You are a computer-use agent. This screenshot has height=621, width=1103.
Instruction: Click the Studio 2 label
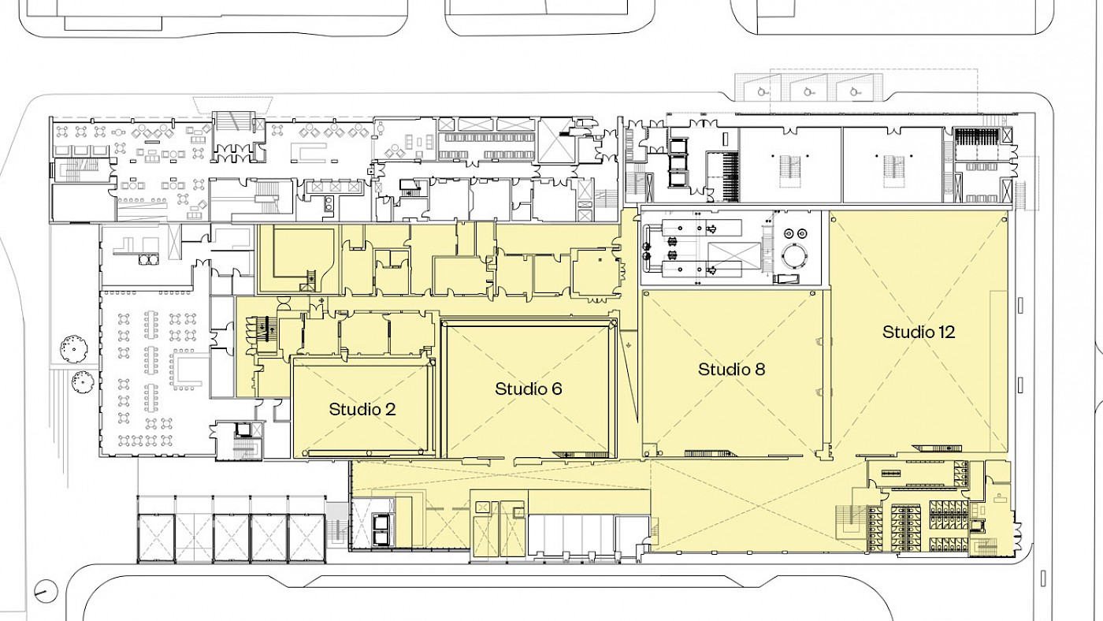point(362,409)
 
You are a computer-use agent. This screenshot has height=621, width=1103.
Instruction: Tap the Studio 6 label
point(529,389)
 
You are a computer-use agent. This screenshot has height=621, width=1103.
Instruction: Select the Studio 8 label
point(732,370)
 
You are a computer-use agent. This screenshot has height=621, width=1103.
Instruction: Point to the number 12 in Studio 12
point(947,332)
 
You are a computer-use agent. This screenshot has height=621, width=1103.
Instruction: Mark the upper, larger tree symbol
point(74,349)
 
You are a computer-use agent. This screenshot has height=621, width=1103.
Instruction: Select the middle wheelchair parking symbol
point(808,91)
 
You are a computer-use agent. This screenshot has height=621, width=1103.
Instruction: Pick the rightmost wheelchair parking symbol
point(854,91)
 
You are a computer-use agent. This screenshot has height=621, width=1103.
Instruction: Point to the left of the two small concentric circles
point(789,233)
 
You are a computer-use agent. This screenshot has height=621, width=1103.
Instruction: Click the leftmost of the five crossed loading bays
point(156,538)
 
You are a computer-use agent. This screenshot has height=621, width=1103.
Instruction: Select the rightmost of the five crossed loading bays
point(306,538)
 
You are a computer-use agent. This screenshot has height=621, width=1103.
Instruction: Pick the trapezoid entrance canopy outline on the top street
point(232,104)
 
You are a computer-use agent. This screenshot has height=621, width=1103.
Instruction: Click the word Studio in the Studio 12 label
point(907,332)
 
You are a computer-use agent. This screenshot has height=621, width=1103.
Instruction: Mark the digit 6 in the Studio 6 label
point(556,389)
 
